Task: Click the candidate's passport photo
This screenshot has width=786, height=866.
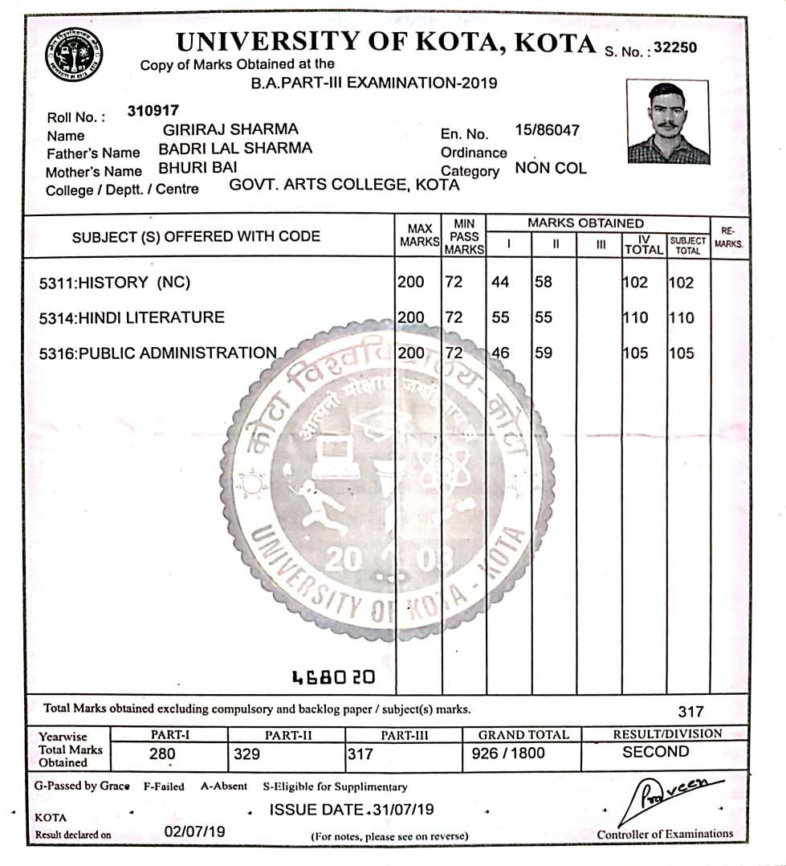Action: pyautogui.click(x=668, y=122)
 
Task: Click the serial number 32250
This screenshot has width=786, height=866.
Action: pyautogui.click(x=675, y=47)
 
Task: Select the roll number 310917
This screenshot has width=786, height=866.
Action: pyautogui.click(x=153, y=111)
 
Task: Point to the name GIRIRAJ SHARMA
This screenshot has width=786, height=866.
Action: pyautogui.click(x=230, y=129)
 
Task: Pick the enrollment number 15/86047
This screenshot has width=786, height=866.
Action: pyautogui.click(x=547, y=130)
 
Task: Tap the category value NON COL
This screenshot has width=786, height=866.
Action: pyautogui.click(x=551, y=169)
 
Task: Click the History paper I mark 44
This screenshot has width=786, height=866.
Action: pyautogui.click(x=500, y=283)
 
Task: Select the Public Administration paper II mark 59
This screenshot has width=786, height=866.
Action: pyautogui.click(x=544, y=352)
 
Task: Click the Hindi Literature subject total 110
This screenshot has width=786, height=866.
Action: pyautogui.click(x=682, y=317)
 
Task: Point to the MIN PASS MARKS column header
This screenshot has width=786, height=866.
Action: pyautogui.click(x=464, y=236)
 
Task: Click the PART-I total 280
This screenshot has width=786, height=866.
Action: pyautogui.click(x=161, y=754)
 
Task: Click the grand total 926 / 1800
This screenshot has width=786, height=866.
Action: pyautogui.click(x=509, y=754)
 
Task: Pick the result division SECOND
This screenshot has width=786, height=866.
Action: pyautogui.click(x=655, y=752)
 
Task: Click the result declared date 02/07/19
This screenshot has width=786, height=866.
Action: pyautogui.click(x=194, y=832)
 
